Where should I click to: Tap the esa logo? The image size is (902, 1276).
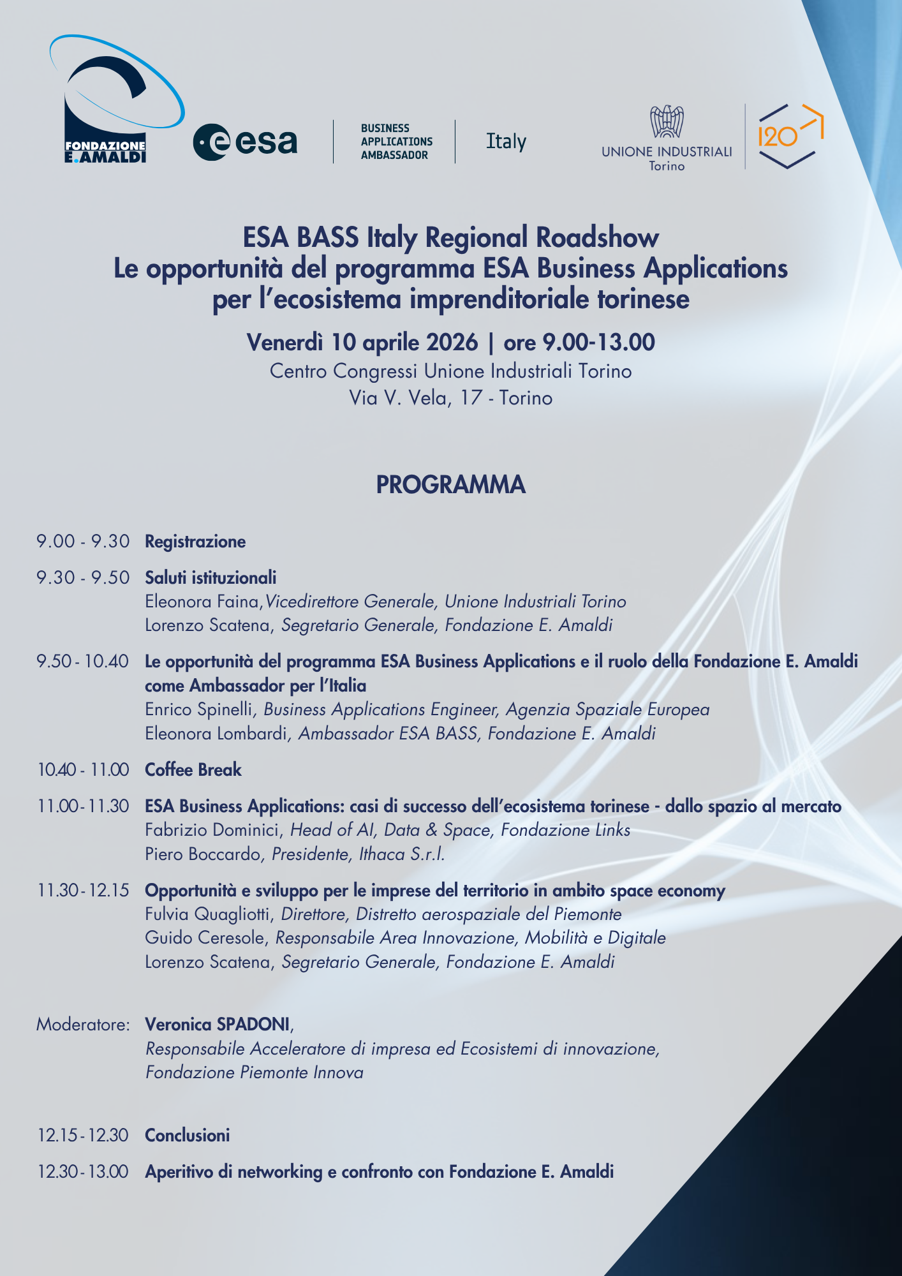click(245, 142)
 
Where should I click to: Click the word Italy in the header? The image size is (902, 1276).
click(506, 142)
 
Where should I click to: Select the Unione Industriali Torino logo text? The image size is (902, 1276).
click(667, 152)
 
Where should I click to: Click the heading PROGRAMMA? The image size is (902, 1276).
click(450, 485)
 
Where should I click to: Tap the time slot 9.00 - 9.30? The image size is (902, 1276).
click(83, 542)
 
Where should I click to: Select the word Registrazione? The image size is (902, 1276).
click(195, 542)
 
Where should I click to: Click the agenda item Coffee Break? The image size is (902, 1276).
click(193, 770)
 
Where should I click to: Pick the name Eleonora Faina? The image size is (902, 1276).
click(203, 602)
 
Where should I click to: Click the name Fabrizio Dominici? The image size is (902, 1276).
click(213, 830)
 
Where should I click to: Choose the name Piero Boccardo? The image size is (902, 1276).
click(203, 854)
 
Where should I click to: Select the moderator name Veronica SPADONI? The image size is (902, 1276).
click(218, 1025)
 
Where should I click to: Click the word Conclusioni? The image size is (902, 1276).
click(188, 1136)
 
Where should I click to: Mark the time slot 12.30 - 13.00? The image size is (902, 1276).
click(83, 1172)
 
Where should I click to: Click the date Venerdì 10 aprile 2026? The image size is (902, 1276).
click(362, 343)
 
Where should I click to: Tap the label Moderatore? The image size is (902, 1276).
click(83, 1025)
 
